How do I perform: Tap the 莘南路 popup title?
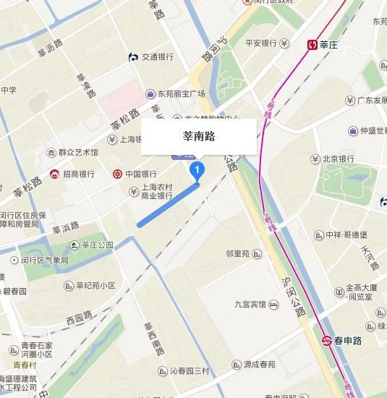(x=198, y=135)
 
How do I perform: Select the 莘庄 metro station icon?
(x=312, y=45)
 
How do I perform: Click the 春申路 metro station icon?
(x=326, y=339)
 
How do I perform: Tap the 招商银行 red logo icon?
(x=55, y=174)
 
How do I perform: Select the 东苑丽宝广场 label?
(x=181, y=93)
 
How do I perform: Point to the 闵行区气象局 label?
(x=44, y=260)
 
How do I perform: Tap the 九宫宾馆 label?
(x=250, y=305)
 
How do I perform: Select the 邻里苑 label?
(x=237, y=254)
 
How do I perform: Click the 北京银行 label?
(x=338, y=158)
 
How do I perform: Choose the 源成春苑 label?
(x=258, y=364)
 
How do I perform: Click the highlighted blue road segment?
(x=168, y=205)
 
